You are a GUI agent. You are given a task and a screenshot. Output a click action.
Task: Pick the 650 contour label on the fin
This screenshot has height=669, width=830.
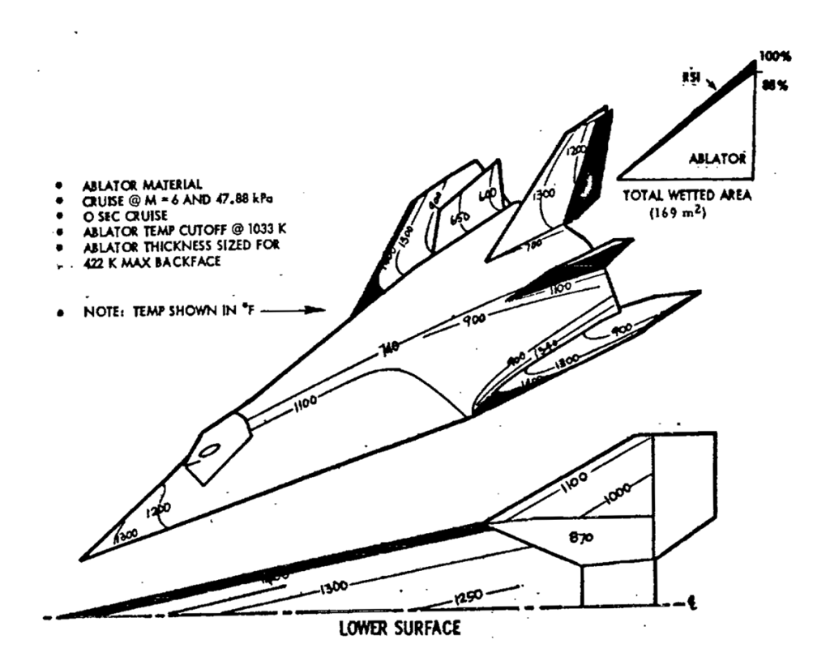[460, 219]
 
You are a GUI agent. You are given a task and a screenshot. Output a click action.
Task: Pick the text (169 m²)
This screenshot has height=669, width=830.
[687, 214]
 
